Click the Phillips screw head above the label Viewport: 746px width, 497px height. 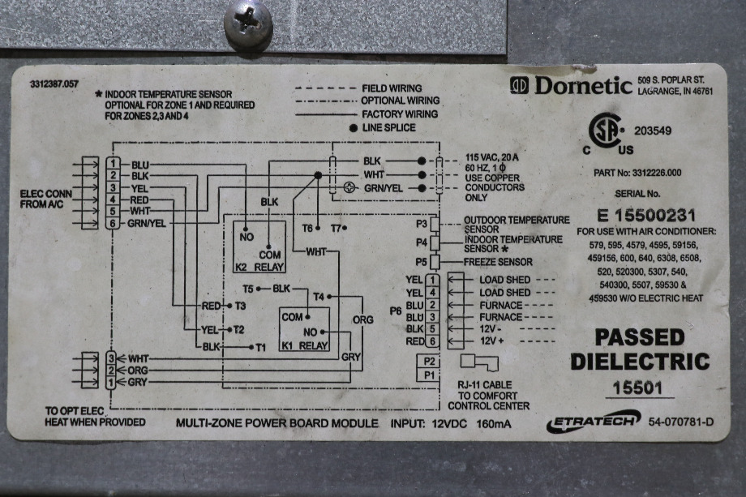[248, 24]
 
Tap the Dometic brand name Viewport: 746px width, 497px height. [584, 86]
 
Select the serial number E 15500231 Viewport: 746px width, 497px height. [646, 216]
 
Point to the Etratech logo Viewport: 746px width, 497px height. [594, 421]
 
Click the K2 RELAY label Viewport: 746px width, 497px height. [259, 267]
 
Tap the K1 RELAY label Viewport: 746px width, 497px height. [305, 345]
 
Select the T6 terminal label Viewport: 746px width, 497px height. [308, 229]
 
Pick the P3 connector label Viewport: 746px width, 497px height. [422, 223]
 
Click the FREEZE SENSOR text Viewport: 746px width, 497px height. [498, 262]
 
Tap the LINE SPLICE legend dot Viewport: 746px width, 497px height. [354, 128]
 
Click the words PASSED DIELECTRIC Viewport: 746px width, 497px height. [640, 349]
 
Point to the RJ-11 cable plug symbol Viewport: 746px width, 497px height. [479, 362]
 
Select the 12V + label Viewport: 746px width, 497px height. [492, 341]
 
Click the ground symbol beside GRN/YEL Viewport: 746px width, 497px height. [349, 188]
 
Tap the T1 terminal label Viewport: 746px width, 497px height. [261, 348]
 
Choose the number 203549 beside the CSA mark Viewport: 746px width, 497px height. [653, 131]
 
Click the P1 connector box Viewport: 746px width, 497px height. [429, 375]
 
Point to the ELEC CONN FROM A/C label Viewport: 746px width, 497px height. [45, 199]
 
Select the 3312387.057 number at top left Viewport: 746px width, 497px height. [54, 84]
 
